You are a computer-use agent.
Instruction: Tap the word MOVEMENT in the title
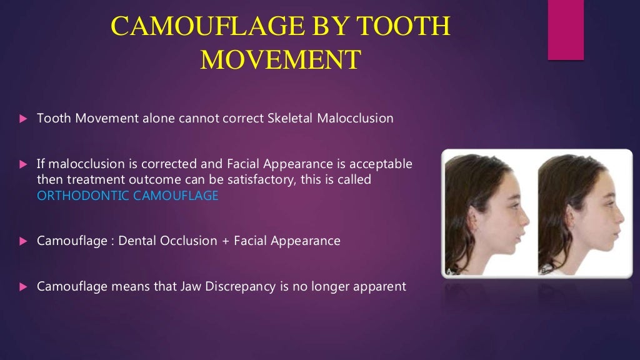(281, 61)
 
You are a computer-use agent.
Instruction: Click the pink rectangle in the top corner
(566, 30)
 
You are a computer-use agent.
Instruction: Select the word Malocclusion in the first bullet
(356, 118)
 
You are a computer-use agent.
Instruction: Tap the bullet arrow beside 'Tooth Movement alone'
(23, 118)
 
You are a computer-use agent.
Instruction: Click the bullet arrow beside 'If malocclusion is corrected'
(23, 164)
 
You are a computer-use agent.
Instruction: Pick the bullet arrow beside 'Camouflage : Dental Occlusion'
(23, 241)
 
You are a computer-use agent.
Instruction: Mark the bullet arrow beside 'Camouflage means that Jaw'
(23, 287)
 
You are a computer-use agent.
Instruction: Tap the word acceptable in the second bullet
(381, 164)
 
